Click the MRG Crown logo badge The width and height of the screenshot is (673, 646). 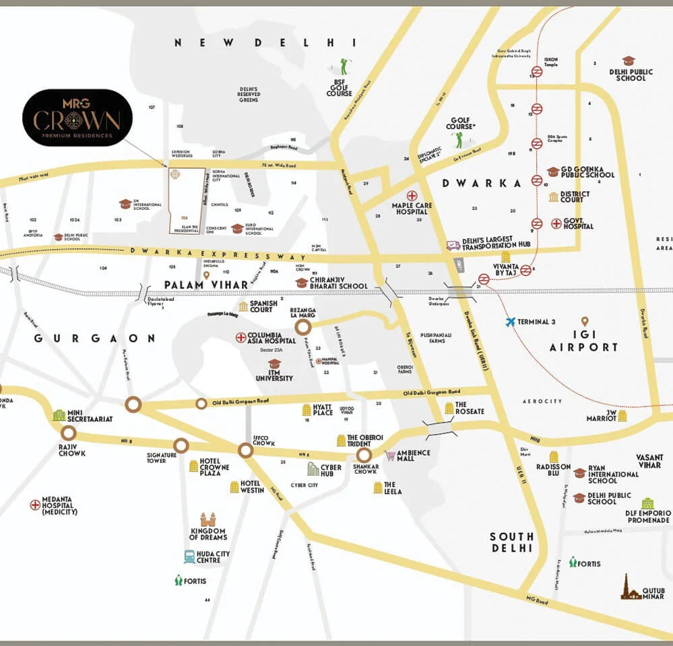pos(77,117)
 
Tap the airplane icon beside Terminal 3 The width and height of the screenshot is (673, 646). pos(511,322)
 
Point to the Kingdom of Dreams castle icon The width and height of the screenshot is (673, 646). pos(208,519)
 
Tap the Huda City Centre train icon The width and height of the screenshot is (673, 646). pos(190,557)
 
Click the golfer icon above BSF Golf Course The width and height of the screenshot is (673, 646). pos(345,66)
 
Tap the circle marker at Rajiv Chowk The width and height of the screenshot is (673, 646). pos(69,433)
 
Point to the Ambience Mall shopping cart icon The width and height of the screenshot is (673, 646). pos(390,456)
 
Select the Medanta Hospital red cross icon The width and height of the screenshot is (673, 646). pos(35,505)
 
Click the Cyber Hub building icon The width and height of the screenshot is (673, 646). pos(313,468)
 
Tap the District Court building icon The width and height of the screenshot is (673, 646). pos(554,196)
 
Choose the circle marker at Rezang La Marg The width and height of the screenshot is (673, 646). pos(303,327)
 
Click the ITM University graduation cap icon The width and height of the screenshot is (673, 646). pos(274,363)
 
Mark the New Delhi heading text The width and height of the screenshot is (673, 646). pos(255,42)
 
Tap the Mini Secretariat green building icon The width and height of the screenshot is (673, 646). pos(59,415)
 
